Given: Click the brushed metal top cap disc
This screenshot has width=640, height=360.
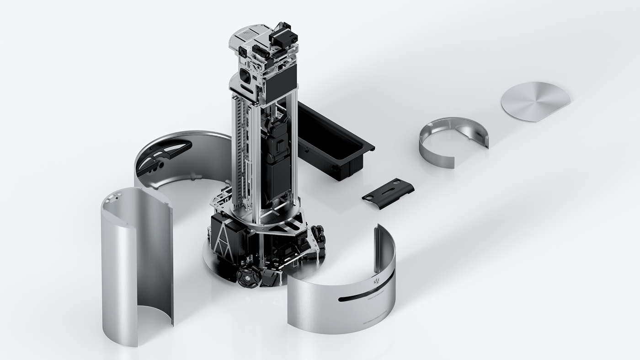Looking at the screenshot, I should coord(535,101).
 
